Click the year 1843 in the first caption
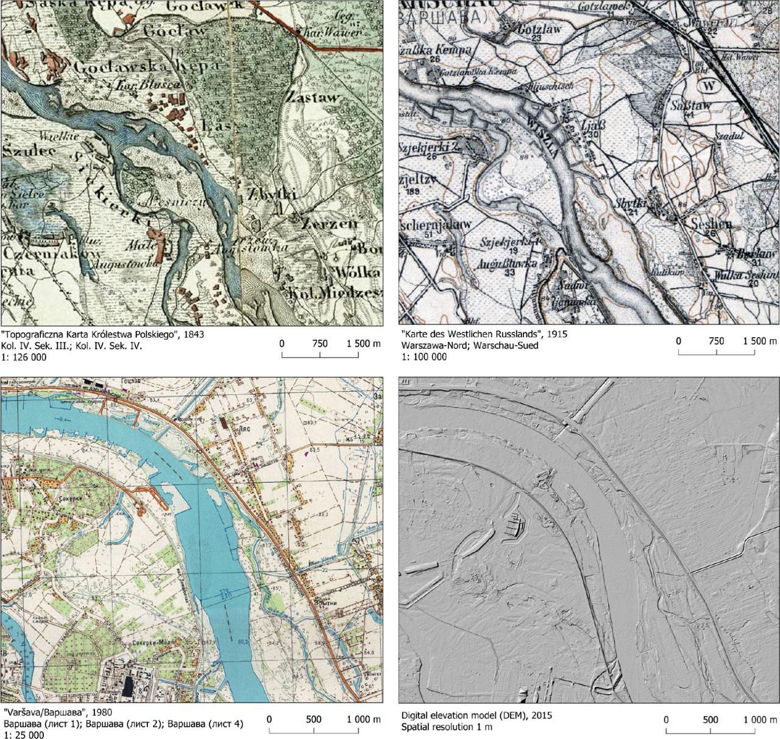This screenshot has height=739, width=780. coord(193,335)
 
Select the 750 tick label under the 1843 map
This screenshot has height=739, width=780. coord(319,343)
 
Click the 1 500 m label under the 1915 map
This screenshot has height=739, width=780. coord(759,341)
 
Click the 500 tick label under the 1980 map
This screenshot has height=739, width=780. coord(313,719)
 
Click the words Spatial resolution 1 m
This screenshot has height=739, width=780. coord(447,727)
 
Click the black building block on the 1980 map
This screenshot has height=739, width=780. coord(128,687)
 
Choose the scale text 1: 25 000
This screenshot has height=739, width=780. coord(24,735)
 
